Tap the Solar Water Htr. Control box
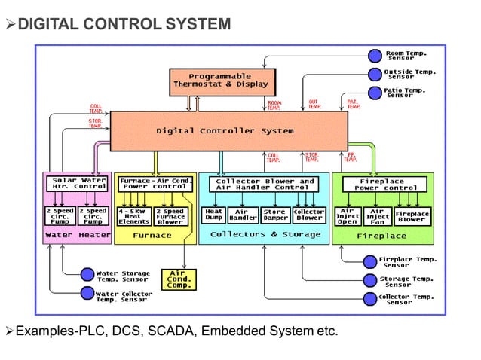click(x=77, y=184)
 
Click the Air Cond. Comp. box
click(x=179, y=279)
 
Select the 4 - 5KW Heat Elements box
click(x=133, y=216)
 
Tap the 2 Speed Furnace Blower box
click(x=170, y=216)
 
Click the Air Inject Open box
click(x=347, y=216)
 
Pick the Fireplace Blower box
click(x=412, y=216)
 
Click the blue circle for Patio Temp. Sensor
click(x=375, y=93)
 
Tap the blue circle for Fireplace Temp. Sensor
click(x=369, y=261)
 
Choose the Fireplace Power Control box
click(x=382, y=184)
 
